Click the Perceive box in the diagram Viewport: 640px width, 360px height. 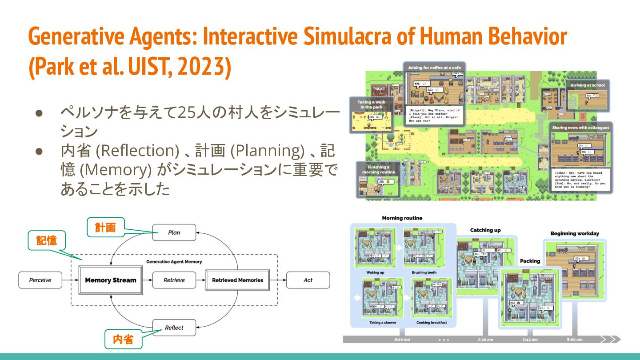tap(40, 280)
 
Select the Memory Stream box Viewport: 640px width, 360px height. tap(111, 280)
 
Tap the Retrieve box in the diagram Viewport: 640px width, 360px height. tap(174, 280)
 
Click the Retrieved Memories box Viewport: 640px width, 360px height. tap(237, 280)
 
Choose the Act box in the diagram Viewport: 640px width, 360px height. tap(308, 280)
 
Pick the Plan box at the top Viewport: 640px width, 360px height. tap(174, 232)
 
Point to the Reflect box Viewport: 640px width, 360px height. tap(174, 328)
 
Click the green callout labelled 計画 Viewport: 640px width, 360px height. tap(105, 228)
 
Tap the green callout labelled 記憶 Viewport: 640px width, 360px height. tap(47, 240)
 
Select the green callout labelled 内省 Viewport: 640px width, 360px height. tap(123, 340)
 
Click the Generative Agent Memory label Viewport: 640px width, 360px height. tap(174, 262)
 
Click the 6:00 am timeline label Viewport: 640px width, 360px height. tap(402, 340)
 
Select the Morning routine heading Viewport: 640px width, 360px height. tap(402, 218)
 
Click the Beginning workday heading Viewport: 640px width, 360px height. tap(575, 233)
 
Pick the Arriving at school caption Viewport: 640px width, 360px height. tap(588, 85)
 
